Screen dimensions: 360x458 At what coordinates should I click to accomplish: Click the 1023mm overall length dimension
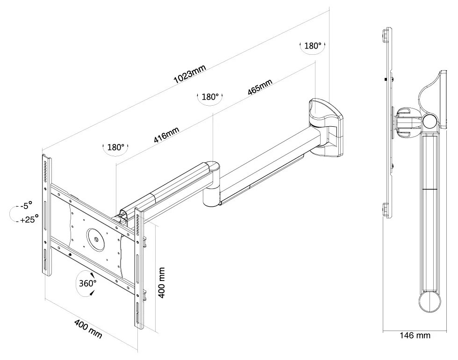tap(189, 74)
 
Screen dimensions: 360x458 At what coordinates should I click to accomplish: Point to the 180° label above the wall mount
tap(313, 46)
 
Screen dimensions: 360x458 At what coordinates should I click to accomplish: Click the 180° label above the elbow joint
tap(210, 97)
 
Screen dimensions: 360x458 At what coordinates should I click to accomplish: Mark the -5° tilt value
tap(26, 205)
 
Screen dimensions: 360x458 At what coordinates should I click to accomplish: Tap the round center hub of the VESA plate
tap(95, 238)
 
